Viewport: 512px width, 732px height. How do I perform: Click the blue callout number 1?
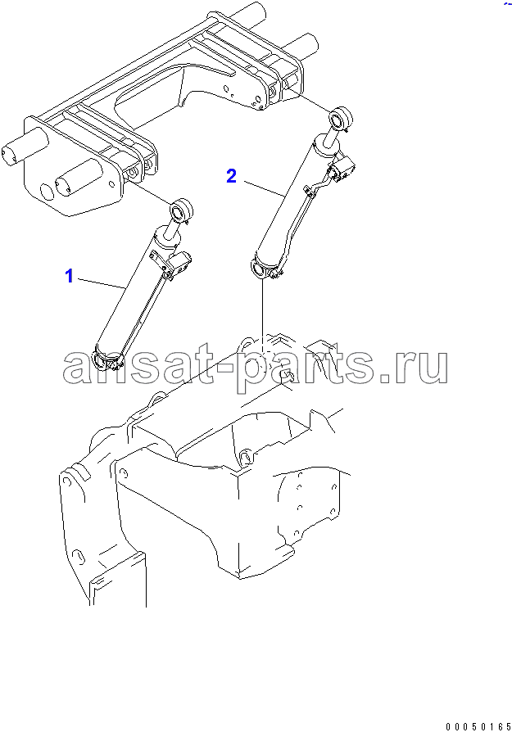click(x=69, y=276)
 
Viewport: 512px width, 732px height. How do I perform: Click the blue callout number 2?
click(x=231, y=176)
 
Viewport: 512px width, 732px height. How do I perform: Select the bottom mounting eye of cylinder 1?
click(x=102, y=360)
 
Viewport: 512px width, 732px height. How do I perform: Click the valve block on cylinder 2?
click(x=343, y=170)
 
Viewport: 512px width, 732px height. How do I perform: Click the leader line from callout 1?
click(x=102, y=284)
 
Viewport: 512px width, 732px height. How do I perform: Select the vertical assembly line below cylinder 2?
click(x=262, y=319)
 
